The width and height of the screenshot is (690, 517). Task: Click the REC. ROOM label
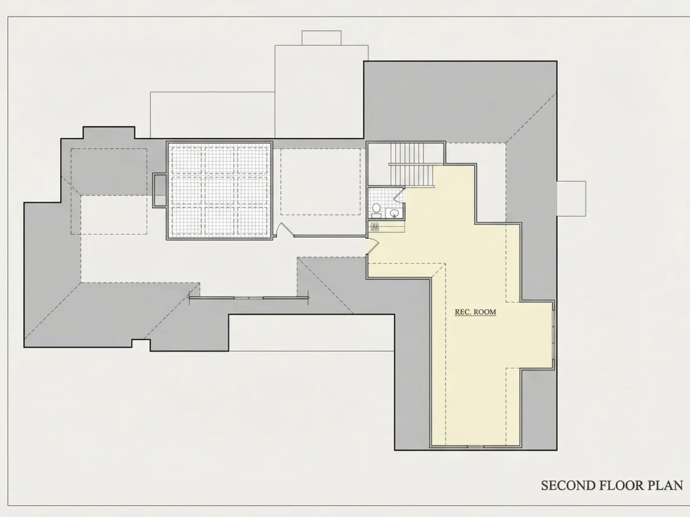click(475, 311)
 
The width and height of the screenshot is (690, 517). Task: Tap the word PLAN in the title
click(666, 485)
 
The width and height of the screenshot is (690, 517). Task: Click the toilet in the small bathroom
click(376, 211)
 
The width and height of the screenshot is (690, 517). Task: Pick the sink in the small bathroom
click(395, 213)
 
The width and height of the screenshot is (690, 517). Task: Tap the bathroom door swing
click(399, 194)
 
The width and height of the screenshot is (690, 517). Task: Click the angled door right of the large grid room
click(283, 230)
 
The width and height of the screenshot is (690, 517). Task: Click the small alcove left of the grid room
click(159, 190)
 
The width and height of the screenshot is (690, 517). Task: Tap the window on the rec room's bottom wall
click(475, 447)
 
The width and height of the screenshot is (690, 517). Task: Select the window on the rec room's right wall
click(553, 335)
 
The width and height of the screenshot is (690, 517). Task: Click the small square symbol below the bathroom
click(375, 227)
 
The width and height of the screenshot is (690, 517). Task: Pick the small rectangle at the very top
click(321, 38)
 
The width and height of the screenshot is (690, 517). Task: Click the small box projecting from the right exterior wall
click(571, 198)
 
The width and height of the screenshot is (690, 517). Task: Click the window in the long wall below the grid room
click(248, 298)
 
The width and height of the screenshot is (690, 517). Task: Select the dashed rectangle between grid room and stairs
click(321, 182)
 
